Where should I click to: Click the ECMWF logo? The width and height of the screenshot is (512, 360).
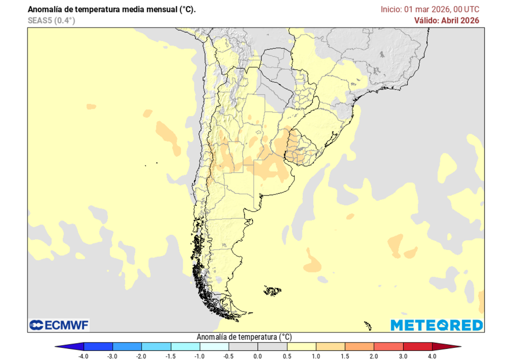pyautogui.click(x=59, y=325)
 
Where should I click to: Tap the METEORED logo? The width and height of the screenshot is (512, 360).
pyautogui.click(x=436, y=325)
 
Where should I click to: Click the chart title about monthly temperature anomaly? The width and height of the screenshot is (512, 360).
pyautogui.click(x=112, y=9)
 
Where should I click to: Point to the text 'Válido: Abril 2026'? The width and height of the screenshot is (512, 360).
pyautogui.click(x=446, y=20)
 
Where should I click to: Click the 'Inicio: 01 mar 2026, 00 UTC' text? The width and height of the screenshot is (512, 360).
pyautogui.click(x=430, y=9)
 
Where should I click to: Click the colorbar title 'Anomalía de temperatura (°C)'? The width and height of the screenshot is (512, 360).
pyautogui.click(x=243, y=337)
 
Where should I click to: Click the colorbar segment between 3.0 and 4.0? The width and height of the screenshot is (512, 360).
pyautogui.click(x=417, y=346)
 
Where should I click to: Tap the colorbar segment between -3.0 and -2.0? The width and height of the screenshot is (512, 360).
pyautogui.click(x=127, y=346)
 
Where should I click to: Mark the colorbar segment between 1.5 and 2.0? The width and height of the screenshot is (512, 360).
pyautogui.click(x=359, y=346)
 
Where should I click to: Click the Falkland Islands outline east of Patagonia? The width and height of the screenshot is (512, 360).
pyautogui.click(x=272, y=290)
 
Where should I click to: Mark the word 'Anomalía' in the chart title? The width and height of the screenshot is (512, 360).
pyautogui.click(x=44, y=9)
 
